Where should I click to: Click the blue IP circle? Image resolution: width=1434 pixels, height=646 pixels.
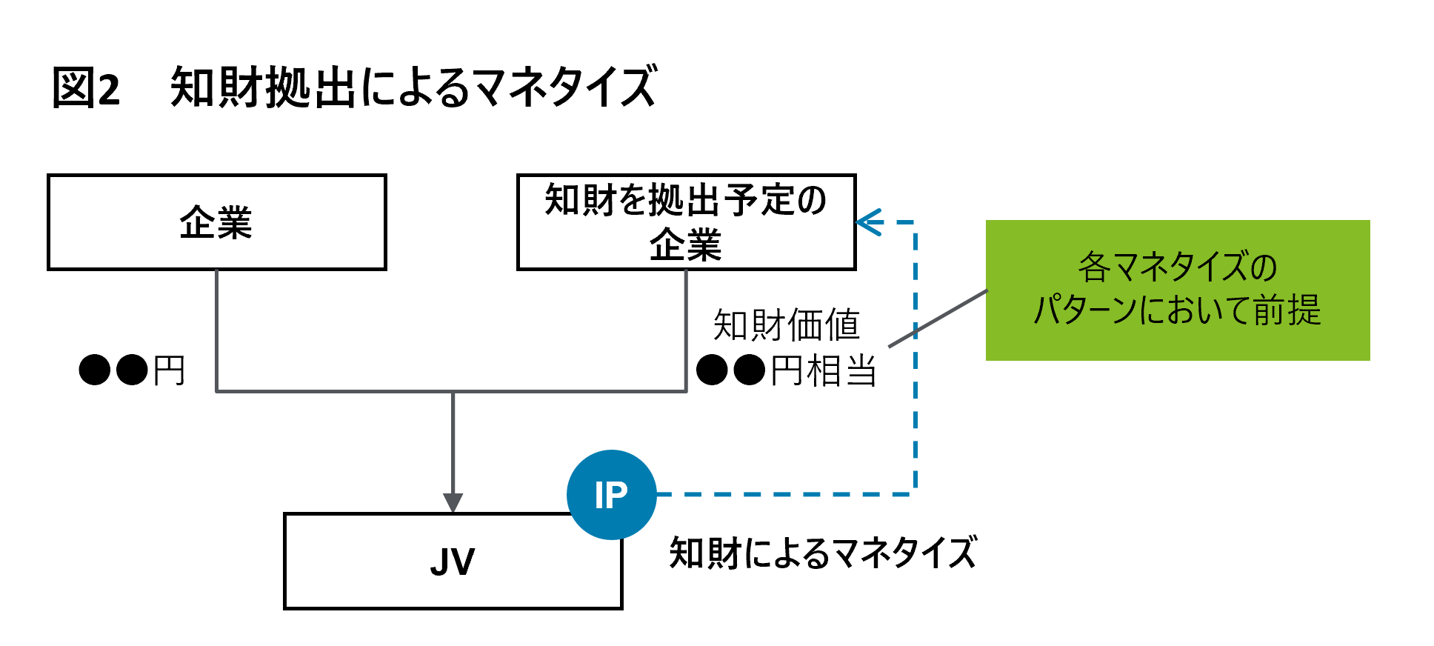[611, 494]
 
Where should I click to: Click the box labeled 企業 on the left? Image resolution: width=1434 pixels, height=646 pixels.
[216, 222]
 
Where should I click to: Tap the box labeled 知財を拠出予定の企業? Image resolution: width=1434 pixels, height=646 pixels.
[686, 222]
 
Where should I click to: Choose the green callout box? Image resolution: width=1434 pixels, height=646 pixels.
[1178, 290]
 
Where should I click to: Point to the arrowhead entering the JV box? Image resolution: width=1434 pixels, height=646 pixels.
[453, 503]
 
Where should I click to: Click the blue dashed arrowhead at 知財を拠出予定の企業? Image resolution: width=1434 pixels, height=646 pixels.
[867, 222]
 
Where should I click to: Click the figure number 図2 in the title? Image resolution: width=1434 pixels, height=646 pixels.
[86, 87]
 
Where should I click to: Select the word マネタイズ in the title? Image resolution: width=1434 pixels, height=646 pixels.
[564, 87]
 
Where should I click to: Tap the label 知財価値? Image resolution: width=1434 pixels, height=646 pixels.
[786, 324]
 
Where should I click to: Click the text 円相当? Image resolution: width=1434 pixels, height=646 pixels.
[823, 370]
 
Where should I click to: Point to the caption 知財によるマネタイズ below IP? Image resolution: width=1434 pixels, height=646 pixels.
[822, 553]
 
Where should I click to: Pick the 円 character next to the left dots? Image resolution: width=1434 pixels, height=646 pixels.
[169, 370]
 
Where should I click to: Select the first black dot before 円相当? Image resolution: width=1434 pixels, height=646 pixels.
[712, 370]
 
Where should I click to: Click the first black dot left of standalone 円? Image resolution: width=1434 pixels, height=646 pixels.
[95, 370]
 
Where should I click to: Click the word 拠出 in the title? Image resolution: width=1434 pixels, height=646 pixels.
[311, 87]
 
